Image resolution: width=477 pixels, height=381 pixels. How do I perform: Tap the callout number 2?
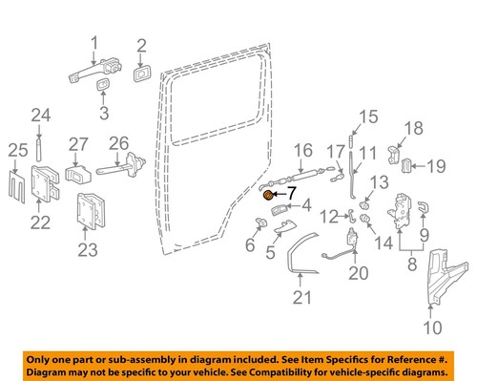tap(141, 44)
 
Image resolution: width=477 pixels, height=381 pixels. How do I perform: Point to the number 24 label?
tap(38, 116)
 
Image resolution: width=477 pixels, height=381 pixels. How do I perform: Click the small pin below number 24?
tap(38, 149)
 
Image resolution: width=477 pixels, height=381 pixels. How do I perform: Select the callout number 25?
tap(14, 150)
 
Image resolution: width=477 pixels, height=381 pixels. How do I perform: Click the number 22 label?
tap(39, 222)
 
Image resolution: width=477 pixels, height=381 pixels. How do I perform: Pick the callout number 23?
tap(87, 251)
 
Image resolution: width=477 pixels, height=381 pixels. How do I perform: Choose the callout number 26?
tap(120, 144)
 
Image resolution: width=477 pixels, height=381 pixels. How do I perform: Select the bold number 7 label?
tap(292, 192)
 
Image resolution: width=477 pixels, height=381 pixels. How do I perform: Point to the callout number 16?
tap(302, 150)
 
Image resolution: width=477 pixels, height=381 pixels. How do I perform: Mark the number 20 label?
tap(357, 272)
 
